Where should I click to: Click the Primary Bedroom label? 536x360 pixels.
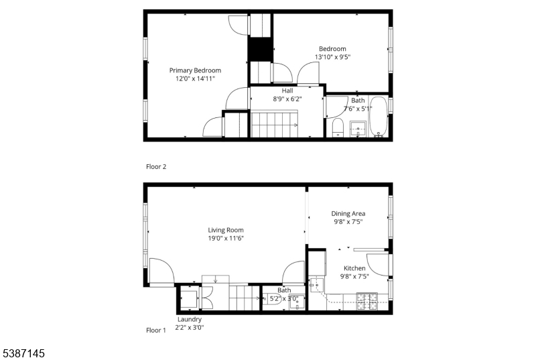coord(195,70)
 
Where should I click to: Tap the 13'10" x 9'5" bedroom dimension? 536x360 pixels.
coord(332,57)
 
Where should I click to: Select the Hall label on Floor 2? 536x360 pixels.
coord(287,91)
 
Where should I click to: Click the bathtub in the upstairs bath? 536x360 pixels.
coord(379,116)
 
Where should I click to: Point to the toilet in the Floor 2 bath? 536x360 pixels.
coord(338,127)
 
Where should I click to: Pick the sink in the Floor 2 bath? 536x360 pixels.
coord(358,129)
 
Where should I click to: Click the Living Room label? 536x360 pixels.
coord(226,231)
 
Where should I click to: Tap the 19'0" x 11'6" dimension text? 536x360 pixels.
coord(226,239)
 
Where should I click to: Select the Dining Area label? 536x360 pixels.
coord(348,214)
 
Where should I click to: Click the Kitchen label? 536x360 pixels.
coord(354,268)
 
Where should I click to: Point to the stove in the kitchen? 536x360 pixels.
coord(366,302)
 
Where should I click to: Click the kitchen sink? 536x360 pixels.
coord(316,285)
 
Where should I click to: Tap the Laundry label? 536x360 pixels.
coord(190,320)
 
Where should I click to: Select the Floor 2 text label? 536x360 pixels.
coord(156,167)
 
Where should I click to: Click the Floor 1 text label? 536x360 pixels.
coord(156,331)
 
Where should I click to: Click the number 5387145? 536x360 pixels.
coord(23,353)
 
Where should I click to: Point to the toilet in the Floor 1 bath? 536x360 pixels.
coord(272,300)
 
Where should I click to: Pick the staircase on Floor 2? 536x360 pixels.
coord(275,125)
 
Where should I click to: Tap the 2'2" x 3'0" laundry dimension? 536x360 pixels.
coord(190,328)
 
